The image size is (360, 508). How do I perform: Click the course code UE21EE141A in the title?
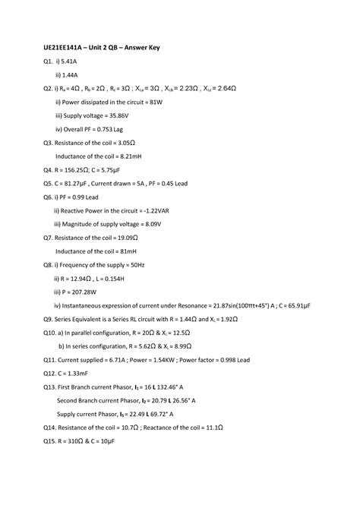(x=65, y=48)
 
